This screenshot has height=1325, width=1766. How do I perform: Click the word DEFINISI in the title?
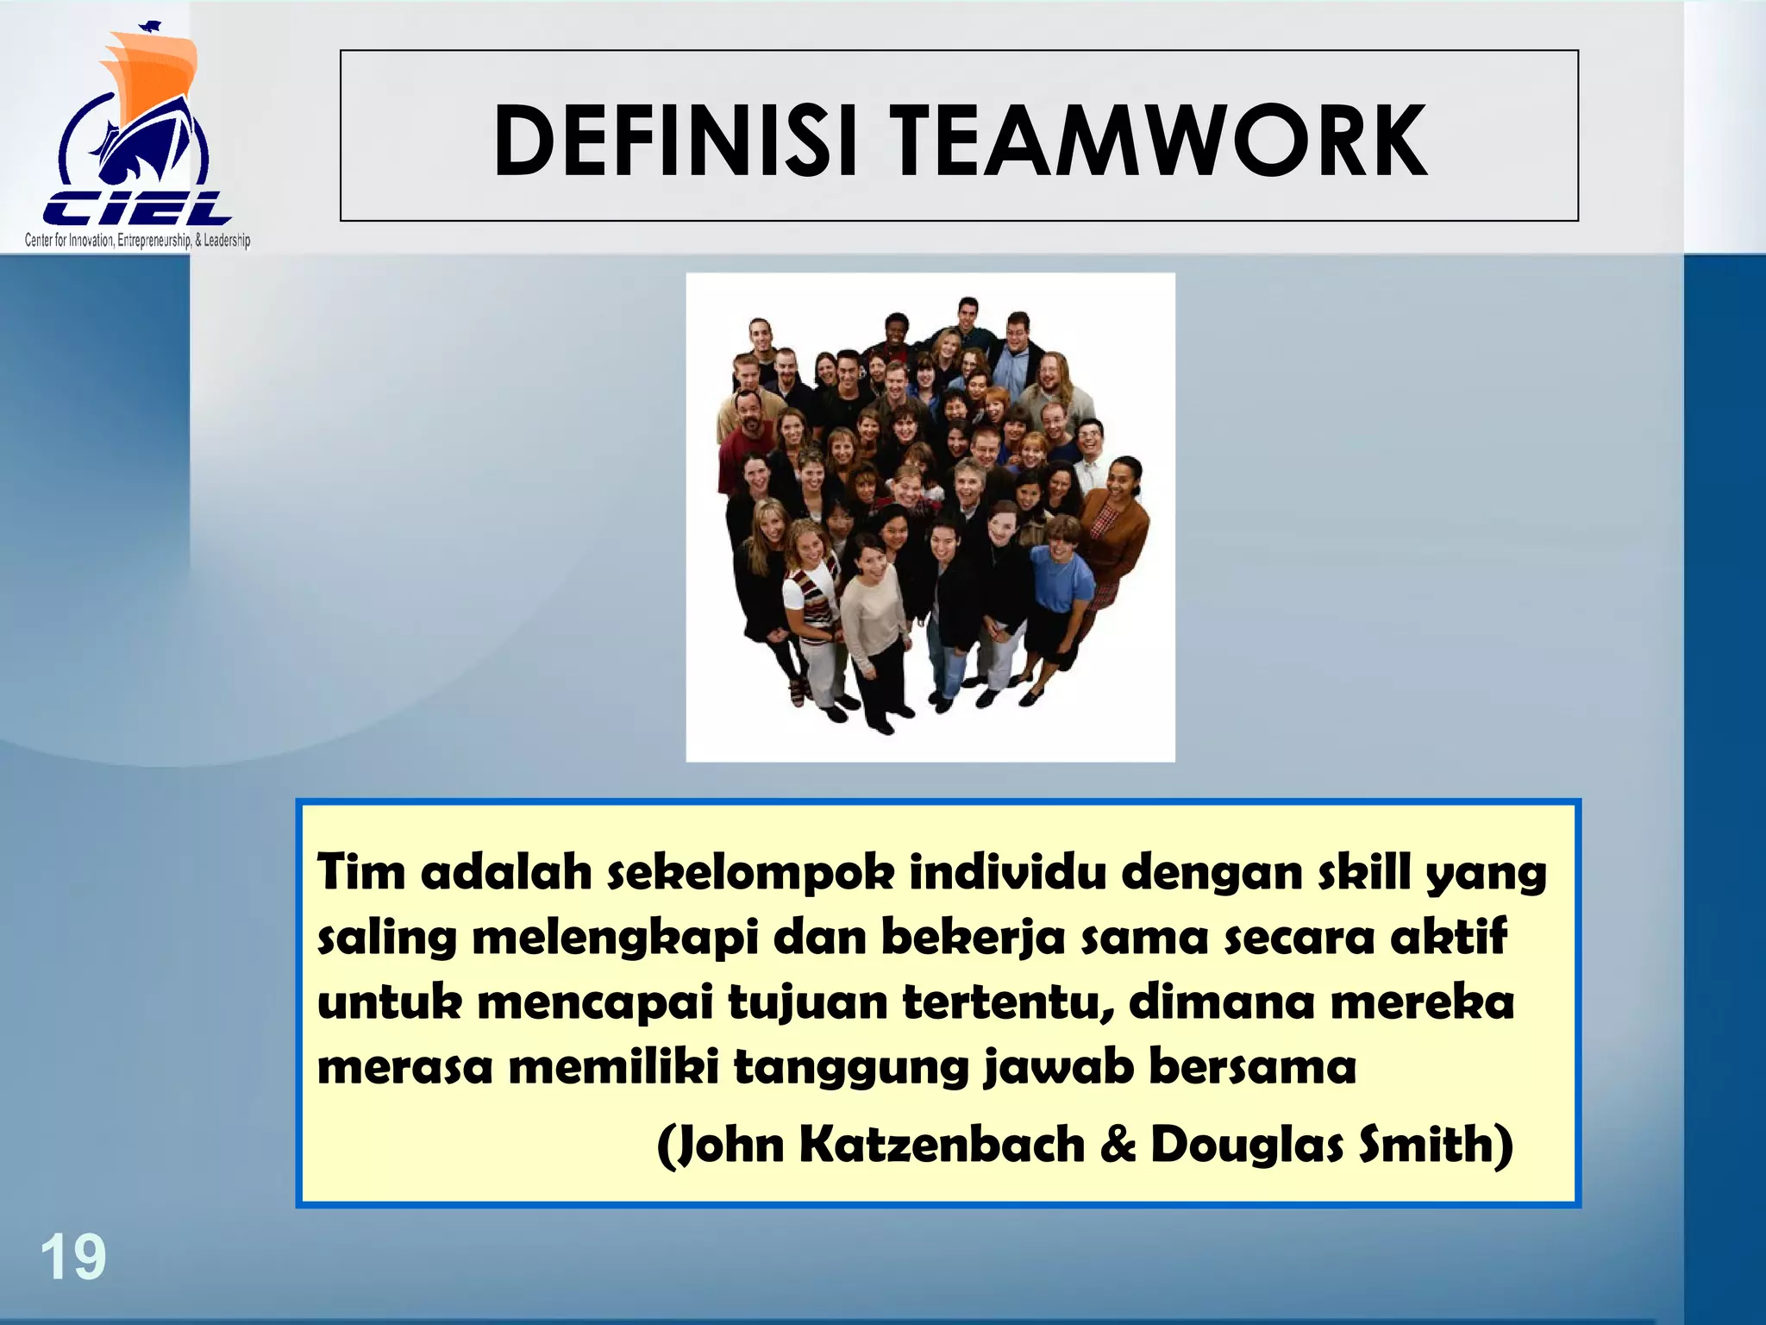tap(674, 141)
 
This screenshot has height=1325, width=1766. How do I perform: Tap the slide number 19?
tap(73, 1258)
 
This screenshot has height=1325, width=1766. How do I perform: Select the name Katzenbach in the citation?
tap(942, 1145)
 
